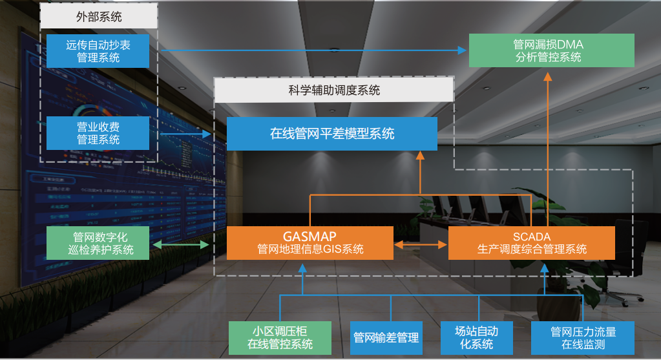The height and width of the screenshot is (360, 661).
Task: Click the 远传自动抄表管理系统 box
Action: coord(98,51)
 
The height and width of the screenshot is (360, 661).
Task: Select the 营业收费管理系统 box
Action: coord(98,132)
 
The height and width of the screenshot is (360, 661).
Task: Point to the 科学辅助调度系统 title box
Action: coord(333,90)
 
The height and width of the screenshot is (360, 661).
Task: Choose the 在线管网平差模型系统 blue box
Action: coord(331,134)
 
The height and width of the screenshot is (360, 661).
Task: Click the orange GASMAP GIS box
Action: coord(310,242)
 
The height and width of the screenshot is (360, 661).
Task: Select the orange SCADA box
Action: coord(531,242)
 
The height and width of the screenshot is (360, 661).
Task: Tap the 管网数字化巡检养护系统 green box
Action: coord(98,242)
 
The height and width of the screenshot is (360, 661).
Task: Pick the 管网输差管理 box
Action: coord(386,337)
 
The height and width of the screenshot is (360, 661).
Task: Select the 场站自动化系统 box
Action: coord(477,337)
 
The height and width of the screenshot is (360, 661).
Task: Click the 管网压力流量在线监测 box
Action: coord(583,337)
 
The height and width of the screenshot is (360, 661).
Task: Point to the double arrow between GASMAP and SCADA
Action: coord(421,245)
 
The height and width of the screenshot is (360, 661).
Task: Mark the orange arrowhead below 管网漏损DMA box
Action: coord(548,75)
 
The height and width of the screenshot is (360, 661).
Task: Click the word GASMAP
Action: coord(310,236)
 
